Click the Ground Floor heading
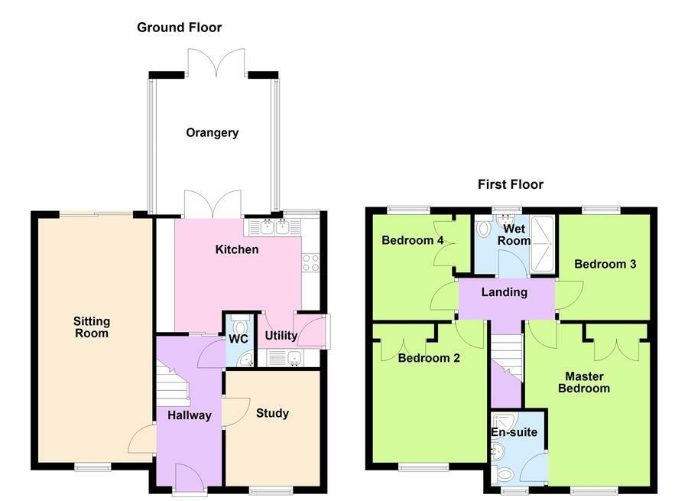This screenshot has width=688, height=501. coord(179,28)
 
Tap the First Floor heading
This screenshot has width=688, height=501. coord(511,184)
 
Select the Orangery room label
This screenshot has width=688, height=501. coord(212,132)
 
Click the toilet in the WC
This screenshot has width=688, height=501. coord(240,325)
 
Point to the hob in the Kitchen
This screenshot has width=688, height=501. coord(310,262)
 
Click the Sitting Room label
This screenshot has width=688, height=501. coord(91,327)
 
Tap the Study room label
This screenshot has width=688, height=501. coord(272,413)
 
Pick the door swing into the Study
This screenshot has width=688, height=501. coord(236,412)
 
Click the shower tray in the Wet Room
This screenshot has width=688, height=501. coord(543,244)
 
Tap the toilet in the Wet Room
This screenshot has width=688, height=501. coord(483,227)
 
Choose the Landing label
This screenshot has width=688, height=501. coord(505,292)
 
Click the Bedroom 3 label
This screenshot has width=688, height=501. coord(605,264)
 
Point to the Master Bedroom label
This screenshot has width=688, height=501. coord(584,382)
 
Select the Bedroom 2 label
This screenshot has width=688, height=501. coord(429,358)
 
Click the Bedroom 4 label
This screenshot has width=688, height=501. coord(413,240)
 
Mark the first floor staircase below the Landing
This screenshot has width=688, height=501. coord(507,356)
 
